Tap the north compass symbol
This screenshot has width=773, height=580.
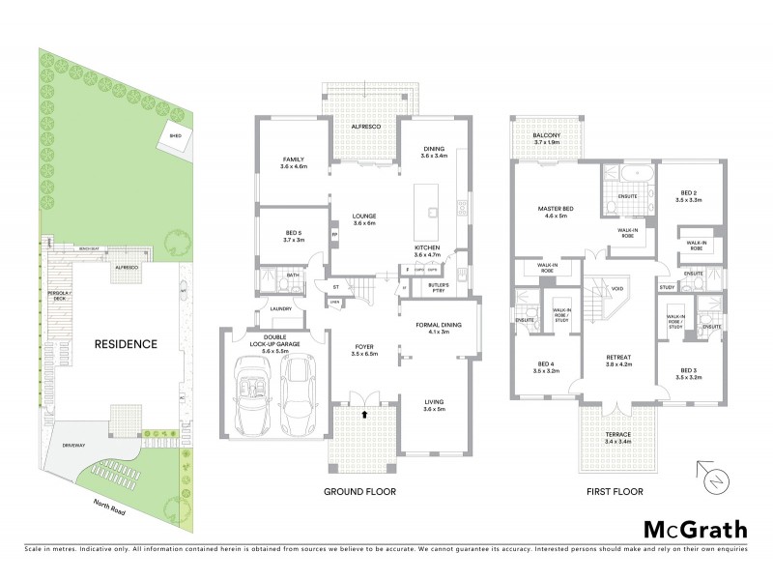[x=710, y=478]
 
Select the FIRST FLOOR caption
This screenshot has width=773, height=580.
[x=615, y=491]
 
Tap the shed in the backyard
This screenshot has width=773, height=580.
[x=176, y=137]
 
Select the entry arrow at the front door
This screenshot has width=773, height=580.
[x=364, y=414]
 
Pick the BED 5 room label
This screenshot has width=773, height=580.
[x=294, y=235]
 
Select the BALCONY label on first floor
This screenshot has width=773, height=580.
[x=547, y=138]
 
